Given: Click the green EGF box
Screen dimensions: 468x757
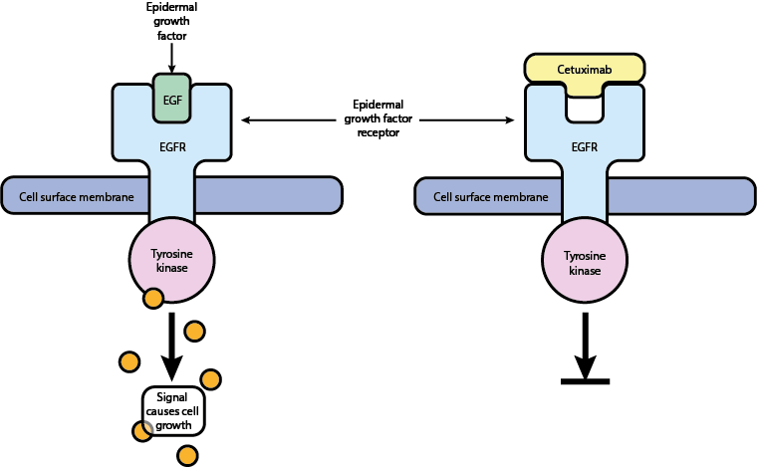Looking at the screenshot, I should pyautogui.click(x=172, y=98).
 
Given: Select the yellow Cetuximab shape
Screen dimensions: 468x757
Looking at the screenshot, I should pyautogui.click(x=585, y=69).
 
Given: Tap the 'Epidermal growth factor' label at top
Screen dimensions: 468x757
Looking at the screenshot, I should pyautogui.click(x=172, y=21).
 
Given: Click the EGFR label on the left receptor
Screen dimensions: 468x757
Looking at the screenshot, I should pyautogui.click(x=172, y=146).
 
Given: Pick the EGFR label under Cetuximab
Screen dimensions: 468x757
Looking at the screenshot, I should pyautogui.click(x=585, y=146).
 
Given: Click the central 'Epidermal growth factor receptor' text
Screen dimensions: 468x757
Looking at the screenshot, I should pyautogui.click(x=378, y=118).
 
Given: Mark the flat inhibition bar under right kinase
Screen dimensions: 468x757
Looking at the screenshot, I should pyautogui.click(x=585, y=380).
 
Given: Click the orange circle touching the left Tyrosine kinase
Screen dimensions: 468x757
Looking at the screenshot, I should pyautogui.click(x=153, y=298).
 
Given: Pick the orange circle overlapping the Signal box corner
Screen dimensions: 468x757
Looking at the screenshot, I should pyautogui.click(x=143, y=430).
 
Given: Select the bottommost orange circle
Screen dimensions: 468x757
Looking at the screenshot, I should pyautogui.click(x=186, y=456).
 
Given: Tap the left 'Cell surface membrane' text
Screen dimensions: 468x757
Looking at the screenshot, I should pyautogui.click(x=77, y=196).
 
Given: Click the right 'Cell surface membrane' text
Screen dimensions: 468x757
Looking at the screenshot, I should pyautogui.click(x=490, y=196).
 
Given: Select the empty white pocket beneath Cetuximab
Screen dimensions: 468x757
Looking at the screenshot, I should pyautogui.click(x=585, y=108).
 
